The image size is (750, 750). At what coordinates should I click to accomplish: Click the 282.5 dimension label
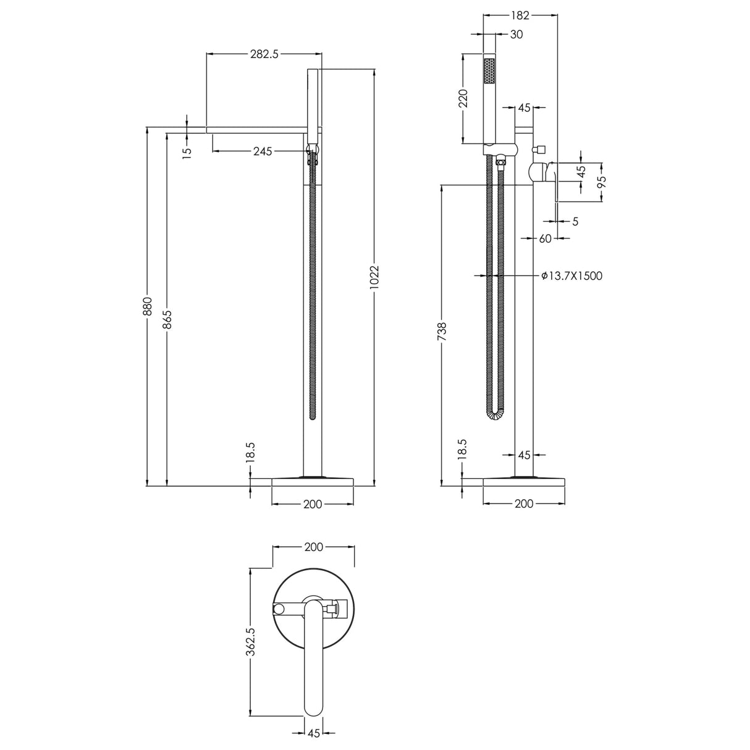264,54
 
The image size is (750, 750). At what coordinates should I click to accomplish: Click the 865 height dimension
167,319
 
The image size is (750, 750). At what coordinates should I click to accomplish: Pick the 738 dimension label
441,332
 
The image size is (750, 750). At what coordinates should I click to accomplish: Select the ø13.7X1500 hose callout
571,276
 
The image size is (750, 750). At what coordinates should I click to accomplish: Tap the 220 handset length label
463,98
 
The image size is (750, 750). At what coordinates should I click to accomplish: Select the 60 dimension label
545,238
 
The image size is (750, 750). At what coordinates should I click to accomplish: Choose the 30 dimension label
516,35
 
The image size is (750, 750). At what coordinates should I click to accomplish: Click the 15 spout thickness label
187,151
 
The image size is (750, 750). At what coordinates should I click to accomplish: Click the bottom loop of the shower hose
495,415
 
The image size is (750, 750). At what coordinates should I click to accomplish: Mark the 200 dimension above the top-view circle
313,547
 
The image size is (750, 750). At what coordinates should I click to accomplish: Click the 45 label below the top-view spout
313,733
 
